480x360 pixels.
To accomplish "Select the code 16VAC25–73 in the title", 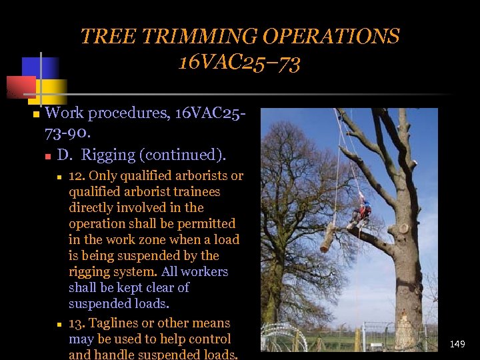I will point(239,63).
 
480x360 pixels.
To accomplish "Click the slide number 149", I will point(457,344).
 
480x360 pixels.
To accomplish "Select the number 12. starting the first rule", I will point(77,176).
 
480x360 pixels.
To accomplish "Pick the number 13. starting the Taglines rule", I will point(77,323).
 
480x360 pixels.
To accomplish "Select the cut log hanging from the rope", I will point(327,237).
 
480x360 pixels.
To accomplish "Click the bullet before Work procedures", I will point(36,115).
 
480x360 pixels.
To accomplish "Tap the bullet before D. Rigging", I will point(48,157).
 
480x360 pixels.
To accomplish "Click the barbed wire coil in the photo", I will point(283,338).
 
